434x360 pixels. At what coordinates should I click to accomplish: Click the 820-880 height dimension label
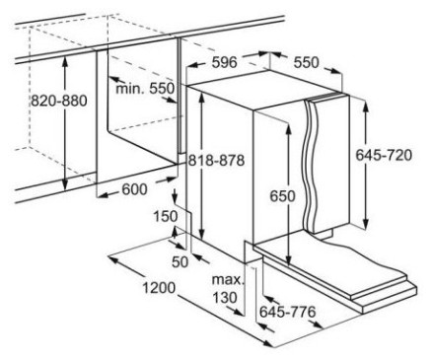59,101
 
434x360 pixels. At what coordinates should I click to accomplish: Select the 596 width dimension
224,62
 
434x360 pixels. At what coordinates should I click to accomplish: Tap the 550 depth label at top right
306,62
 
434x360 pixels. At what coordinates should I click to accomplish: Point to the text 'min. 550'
145,89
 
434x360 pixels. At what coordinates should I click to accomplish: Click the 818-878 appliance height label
216,161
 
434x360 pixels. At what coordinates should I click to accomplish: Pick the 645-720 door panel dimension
384,155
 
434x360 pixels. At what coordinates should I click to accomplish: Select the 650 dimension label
283,196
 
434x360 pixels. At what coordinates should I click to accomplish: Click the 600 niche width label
134,189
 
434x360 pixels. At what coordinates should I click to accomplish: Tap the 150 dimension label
166,216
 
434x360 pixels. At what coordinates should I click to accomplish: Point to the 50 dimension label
181,261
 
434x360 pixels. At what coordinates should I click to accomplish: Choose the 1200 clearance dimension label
159,288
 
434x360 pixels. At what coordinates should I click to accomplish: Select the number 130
225,298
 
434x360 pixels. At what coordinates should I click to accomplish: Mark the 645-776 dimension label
288,312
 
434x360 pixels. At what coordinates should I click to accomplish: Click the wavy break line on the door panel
310,166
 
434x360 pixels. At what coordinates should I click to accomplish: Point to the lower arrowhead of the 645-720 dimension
365,223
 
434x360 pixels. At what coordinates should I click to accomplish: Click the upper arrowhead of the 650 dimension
288,130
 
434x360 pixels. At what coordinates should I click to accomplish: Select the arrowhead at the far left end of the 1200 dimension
113,259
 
